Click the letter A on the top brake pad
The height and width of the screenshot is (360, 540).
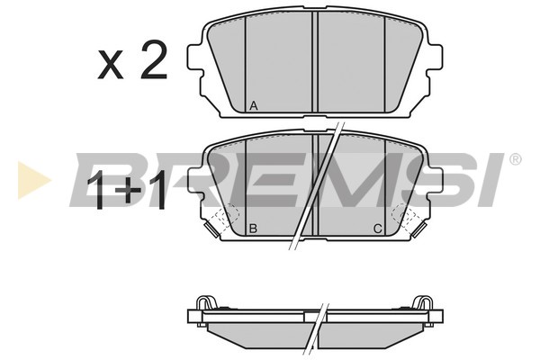254,106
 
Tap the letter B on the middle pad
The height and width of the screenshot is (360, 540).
253,229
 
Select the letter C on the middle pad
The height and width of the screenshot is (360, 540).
378,229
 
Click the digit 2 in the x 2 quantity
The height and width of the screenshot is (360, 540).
154,59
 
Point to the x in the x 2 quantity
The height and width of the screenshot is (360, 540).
111,65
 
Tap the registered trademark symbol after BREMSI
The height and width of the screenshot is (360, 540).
515,159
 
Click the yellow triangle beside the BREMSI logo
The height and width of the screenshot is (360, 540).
34,180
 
